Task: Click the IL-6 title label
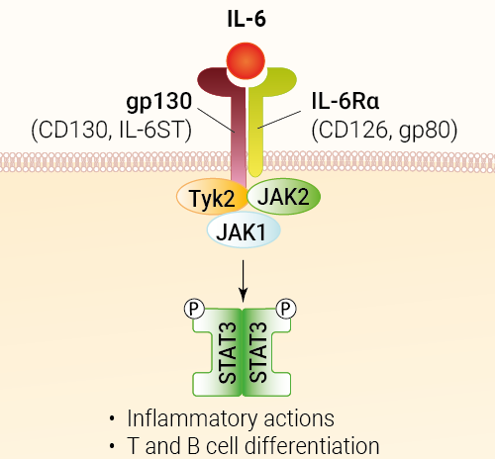click(247, 19)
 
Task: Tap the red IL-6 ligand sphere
click(246, 61)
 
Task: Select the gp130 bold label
click(159, 102)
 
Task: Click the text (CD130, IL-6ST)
click(112, 130)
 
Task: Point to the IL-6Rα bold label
click(346, 101)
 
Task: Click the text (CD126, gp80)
click(384, 130)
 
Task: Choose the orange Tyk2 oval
click(212, 197)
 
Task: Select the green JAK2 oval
click(284, 197)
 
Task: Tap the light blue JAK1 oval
click(244, 230)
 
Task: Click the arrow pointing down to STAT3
click(244, 281)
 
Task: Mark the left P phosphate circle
click(194, 309)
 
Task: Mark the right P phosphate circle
click(286, 309)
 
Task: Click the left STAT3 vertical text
click(228, 352)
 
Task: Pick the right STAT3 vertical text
click(258, 352)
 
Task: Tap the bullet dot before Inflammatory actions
click(112, 419)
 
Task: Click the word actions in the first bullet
click(299, 419)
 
